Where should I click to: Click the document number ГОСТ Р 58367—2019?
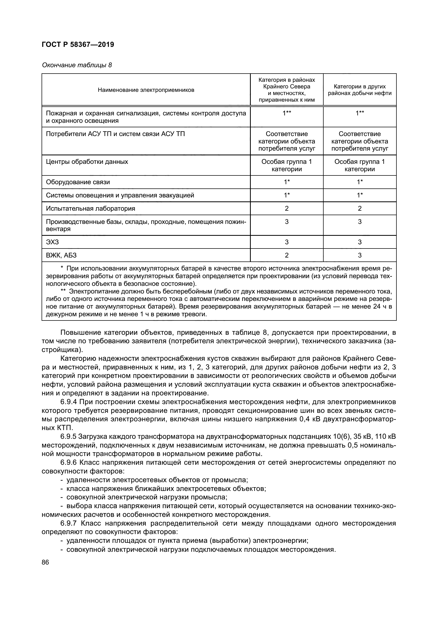coord(78,44)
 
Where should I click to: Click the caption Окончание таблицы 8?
coord(77,65)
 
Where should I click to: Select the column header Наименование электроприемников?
coord(146,90)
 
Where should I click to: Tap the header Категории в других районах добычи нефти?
coord(360,90)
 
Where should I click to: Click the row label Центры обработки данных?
coord(87,162)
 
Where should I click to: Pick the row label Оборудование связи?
coord(78,182)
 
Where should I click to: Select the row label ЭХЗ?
coord(52,242)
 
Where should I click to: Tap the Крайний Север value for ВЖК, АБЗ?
coord(287,255)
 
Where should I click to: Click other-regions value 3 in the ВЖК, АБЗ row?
coord(360,255)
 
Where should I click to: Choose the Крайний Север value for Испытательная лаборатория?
coord(287,208)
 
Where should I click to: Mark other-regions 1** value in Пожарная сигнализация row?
coord(360,113)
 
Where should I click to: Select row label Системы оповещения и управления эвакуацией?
coord(120,195)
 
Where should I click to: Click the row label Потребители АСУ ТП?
coord(115,134)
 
